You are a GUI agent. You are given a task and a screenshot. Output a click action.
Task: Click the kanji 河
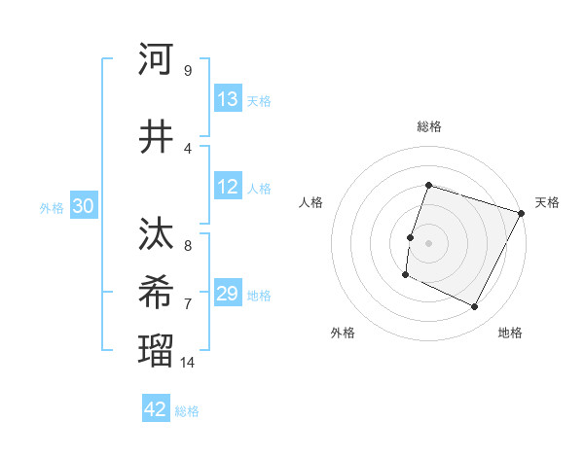tap(156, 59)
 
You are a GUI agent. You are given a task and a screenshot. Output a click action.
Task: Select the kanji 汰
tap(156, 235)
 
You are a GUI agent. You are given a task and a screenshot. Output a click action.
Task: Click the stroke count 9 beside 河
tap(187, 70)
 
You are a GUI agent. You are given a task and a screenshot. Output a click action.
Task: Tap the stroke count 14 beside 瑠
tap(189, 362)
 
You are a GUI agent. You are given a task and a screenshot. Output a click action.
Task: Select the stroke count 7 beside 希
tap(187, 303)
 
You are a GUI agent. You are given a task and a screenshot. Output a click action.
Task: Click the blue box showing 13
tap(228, 99)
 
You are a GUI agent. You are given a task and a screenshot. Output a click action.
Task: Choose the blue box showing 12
tap(228, 188)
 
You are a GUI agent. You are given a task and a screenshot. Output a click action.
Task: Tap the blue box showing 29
tap(228, 294)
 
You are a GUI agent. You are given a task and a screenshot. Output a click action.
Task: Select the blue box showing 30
tap(84, 206)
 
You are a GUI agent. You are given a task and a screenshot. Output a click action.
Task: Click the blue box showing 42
tap(156, 409)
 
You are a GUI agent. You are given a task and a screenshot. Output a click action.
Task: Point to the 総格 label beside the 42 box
tap(187, 411)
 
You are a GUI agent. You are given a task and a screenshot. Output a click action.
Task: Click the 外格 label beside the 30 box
tap(51, 208)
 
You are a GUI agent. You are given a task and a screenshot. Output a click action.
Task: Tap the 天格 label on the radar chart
tap(547, 202)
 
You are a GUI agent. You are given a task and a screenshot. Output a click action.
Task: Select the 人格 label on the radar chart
tap(311, 202)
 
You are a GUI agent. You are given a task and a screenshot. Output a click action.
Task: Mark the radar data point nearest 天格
tap(522, 213)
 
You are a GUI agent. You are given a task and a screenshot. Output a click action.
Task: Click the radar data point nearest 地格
tap(475, 307)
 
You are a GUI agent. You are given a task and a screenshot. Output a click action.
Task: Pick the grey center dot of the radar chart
tap(428, 243)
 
